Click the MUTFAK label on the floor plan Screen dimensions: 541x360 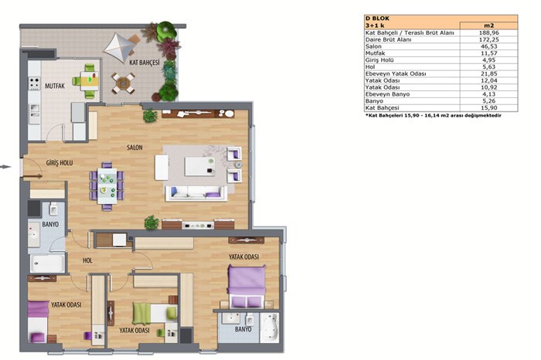55,86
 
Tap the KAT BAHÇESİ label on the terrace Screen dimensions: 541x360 145,63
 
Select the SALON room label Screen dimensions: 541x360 134,148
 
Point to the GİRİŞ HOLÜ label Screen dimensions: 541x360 60,163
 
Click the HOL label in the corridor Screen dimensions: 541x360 87,260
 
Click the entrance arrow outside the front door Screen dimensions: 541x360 5,167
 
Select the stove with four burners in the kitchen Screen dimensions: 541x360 34,83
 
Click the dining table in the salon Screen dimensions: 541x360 107,185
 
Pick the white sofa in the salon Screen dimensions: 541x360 196,193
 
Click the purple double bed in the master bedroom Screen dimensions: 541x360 247,286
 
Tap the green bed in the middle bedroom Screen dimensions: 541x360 155,313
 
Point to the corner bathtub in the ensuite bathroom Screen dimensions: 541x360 269,328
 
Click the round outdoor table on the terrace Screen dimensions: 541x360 123,83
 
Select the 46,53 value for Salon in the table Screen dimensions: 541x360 489,46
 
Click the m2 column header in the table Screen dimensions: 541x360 489,25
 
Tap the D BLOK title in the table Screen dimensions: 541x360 377,19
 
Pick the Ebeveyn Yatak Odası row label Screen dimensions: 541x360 396,74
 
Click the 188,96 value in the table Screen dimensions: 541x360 489,32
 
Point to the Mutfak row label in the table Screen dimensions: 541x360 375,53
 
